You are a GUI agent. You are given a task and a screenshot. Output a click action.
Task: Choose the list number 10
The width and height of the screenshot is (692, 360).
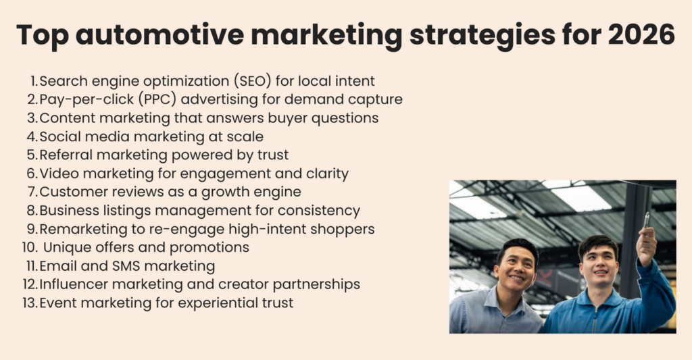[x=30, y=247]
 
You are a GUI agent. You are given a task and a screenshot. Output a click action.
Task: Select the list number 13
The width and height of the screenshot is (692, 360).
[x=30, y=303]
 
